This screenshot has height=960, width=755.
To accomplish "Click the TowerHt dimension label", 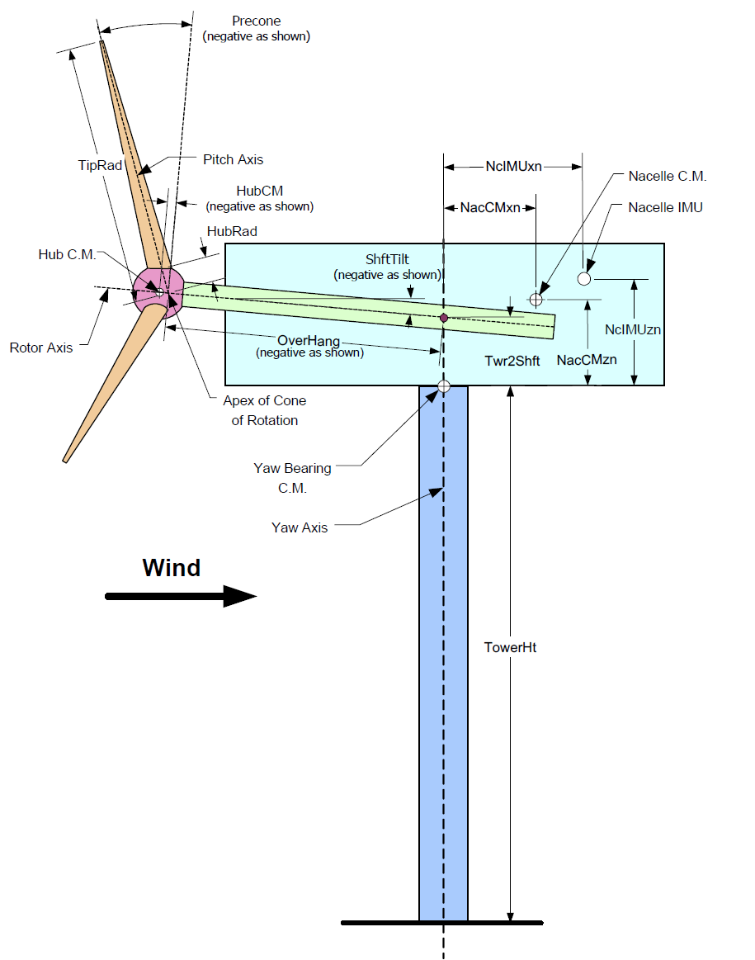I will pyautogui.click(x=510, y=648).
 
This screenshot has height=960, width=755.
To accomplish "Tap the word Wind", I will pyautogui.click(x=171, y=568).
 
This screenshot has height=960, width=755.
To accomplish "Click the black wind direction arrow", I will pyautogui.click(x=181, y=597).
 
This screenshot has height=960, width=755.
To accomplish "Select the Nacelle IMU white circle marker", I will pyautogui.click(x=584, y=279).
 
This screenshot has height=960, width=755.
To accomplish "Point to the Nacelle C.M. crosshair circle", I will pyautogui.click(x=536, y=299).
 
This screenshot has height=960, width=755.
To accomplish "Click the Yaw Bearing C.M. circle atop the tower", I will pyautogui.click(x=444, y=385).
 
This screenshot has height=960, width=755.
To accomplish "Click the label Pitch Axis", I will pyautogui.click(x=234, y=158).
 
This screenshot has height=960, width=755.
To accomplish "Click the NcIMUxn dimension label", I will pyautogui.click(x=513, y=166).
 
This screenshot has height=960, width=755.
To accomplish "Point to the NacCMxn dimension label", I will pyautogui.click(x=491, y=207).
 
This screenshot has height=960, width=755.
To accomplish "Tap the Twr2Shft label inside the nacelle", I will pyautogui.click(x=512, y=361).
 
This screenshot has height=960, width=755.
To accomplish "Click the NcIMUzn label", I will pyautogui.click(x=633, y=329).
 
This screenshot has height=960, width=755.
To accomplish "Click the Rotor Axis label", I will pyautogui.click(x=41, y=348).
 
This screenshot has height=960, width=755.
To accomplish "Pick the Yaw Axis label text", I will pyautogui.click(x=300, y=527).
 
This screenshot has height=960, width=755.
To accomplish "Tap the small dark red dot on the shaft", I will pyautogui.click(x=444, y=318).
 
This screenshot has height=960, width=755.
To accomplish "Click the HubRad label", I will pyautogui.click(x=232, y=232).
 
